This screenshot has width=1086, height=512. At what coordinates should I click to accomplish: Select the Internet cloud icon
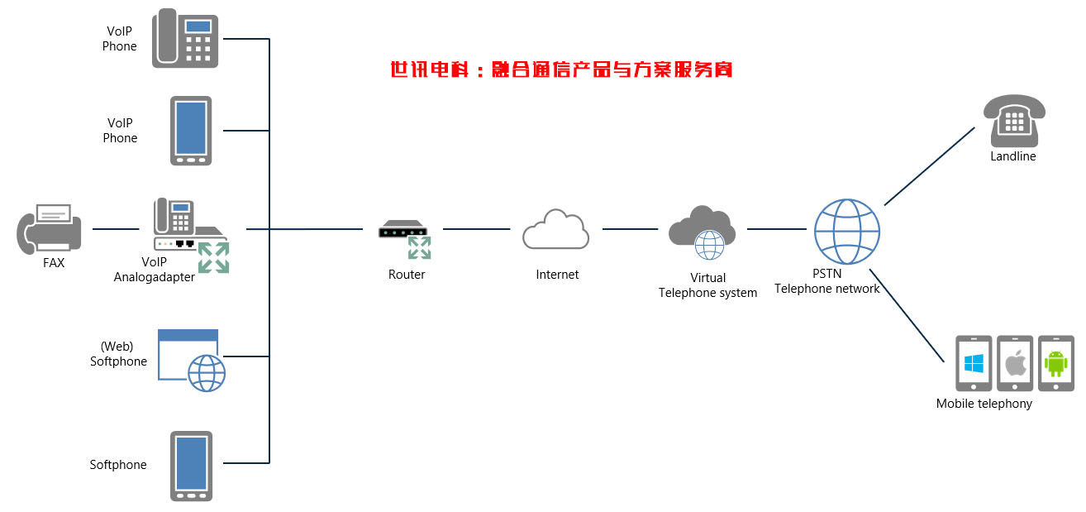pos(555,229)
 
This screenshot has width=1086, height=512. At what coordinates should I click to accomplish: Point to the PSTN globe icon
pos(846,232)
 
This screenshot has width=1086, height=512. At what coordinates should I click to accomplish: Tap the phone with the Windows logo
pos(974,363)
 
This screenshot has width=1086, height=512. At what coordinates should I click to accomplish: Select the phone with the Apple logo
pos(1015,363)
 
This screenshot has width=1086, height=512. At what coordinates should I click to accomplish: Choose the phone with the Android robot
pos(1055,363)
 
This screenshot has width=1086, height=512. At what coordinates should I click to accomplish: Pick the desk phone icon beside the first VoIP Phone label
pos(185,39)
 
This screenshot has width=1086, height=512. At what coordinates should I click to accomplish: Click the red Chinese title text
pos(562,69)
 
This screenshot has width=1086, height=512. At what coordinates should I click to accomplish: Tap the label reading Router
pos(407,275)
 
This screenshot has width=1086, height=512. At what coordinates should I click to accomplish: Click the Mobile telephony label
pos(984,404)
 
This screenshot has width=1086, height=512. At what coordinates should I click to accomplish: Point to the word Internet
pos(557,275)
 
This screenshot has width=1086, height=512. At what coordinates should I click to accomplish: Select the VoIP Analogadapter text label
pos(155,270)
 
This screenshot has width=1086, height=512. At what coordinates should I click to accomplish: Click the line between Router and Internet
pos(475,229)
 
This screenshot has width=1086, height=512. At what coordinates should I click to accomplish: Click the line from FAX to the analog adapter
pos(116,229)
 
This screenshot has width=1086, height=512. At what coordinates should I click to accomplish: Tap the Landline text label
pos(1012,156)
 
